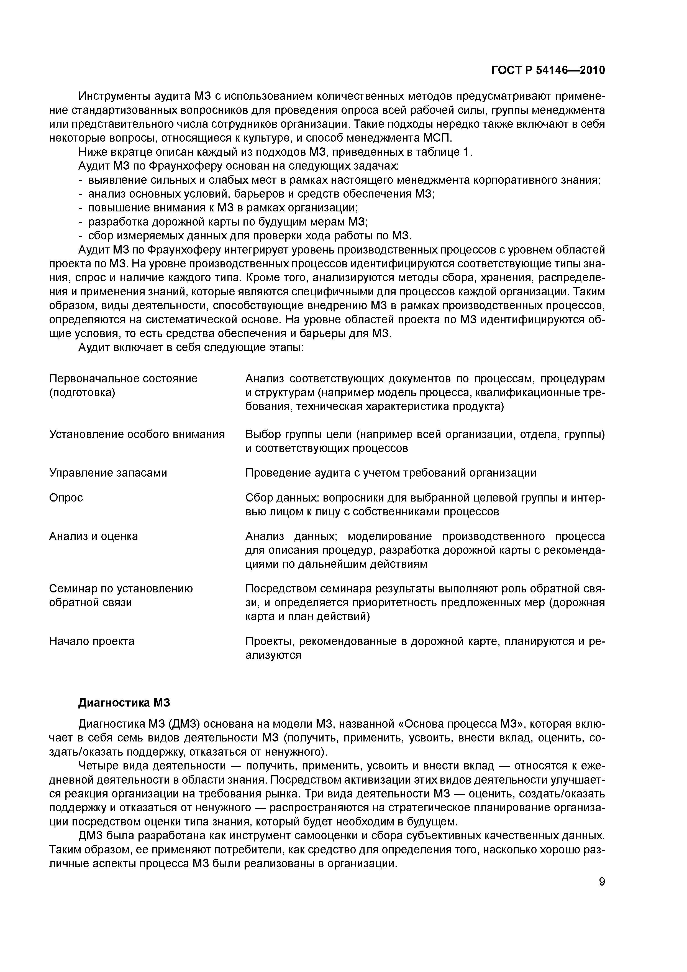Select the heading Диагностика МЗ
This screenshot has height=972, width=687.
pyautogui.click(x=124, y=703)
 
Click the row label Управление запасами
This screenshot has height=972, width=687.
pyautogui.click(x=108, y=473)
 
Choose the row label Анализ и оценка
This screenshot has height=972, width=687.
pyautogui.click(x=94, y=536)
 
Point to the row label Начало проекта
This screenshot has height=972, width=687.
pyautogui.click(x=92, y=641)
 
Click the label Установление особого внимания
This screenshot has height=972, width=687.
pyautogui.click(x=137, y=434)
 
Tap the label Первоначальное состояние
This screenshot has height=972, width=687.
pyautogui.click(x=123, y=378)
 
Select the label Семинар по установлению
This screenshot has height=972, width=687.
pyautogui.click(x=121, y=589)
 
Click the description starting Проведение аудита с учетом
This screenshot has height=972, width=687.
pyautogui.click(x=390, y=473)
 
